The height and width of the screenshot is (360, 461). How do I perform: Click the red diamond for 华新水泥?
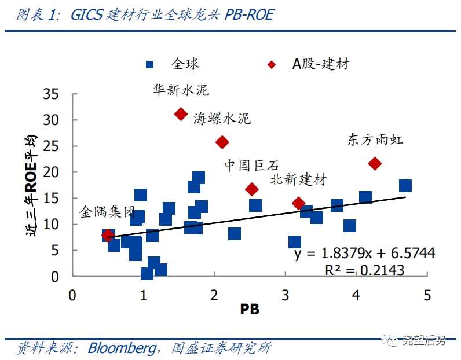181,114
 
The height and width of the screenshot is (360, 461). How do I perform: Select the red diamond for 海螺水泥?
222,142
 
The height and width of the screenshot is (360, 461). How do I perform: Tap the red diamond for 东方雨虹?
375,164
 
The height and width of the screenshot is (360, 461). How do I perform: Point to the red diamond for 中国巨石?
252,189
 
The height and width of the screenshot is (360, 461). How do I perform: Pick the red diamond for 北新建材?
298,203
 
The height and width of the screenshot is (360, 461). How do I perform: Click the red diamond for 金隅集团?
107,235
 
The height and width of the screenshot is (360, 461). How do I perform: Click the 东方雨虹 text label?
375,139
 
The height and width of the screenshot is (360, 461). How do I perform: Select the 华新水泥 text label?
181,90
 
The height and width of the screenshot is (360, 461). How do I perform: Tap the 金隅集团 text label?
107,212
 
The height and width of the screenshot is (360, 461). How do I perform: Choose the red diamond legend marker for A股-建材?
272,64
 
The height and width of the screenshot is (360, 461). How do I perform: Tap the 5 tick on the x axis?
427,295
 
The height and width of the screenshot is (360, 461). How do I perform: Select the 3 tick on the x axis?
285,295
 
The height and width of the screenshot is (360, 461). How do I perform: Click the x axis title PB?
250,310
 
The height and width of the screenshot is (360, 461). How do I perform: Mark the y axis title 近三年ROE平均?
32,185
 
